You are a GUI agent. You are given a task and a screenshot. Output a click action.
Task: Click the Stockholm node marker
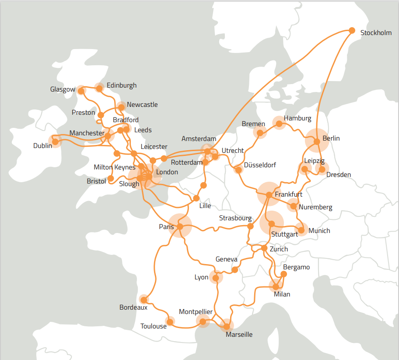pyautogui.click(x=352, y=30)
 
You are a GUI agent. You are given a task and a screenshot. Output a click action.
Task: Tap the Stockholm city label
pyautogui.click(x=376, y=33)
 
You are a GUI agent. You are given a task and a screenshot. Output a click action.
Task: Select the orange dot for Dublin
pyautogui.click(x=55, y=141)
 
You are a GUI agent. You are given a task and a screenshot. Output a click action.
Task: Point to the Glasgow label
pyautogui.click(x=63, y=89)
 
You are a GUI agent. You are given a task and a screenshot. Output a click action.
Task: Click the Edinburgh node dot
pyautogui.click(x=99, y=88)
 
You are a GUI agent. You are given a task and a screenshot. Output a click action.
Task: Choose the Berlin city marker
pyautogui.click(x=317, y=141)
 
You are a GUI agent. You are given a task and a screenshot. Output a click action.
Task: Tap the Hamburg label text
pyautogui.click(x=297, y=118)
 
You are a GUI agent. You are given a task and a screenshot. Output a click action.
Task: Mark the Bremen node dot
pyautogui.click(x=260, y=133)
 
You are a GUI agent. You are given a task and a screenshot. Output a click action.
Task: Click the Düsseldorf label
pyautogui.click(x=260, y=165)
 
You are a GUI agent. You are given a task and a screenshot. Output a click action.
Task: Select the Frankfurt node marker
pyautogui.click(x=269, y=194)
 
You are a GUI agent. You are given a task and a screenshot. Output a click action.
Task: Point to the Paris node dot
pyautogui.click(x=179, y=226)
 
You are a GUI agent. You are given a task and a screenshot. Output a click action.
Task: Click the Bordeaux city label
pyautogui.click(x=133, y=307)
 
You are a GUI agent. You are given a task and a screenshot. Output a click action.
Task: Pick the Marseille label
pyautogui.click(x=239, y=335)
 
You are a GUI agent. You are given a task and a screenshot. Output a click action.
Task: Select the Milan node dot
pyautogui.click(x=276, y=287)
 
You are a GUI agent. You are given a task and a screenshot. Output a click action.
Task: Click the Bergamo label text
pyautogui.click(x=296, y=267)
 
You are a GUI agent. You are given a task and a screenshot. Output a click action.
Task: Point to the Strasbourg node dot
pyautogui.click(x=250, y=226)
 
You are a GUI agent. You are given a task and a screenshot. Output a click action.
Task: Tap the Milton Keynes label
pyautogui.click(x=115, y=167)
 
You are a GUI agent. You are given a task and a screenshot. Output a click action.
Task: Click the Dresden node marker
pyautogui.click(x=322, y=169)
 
